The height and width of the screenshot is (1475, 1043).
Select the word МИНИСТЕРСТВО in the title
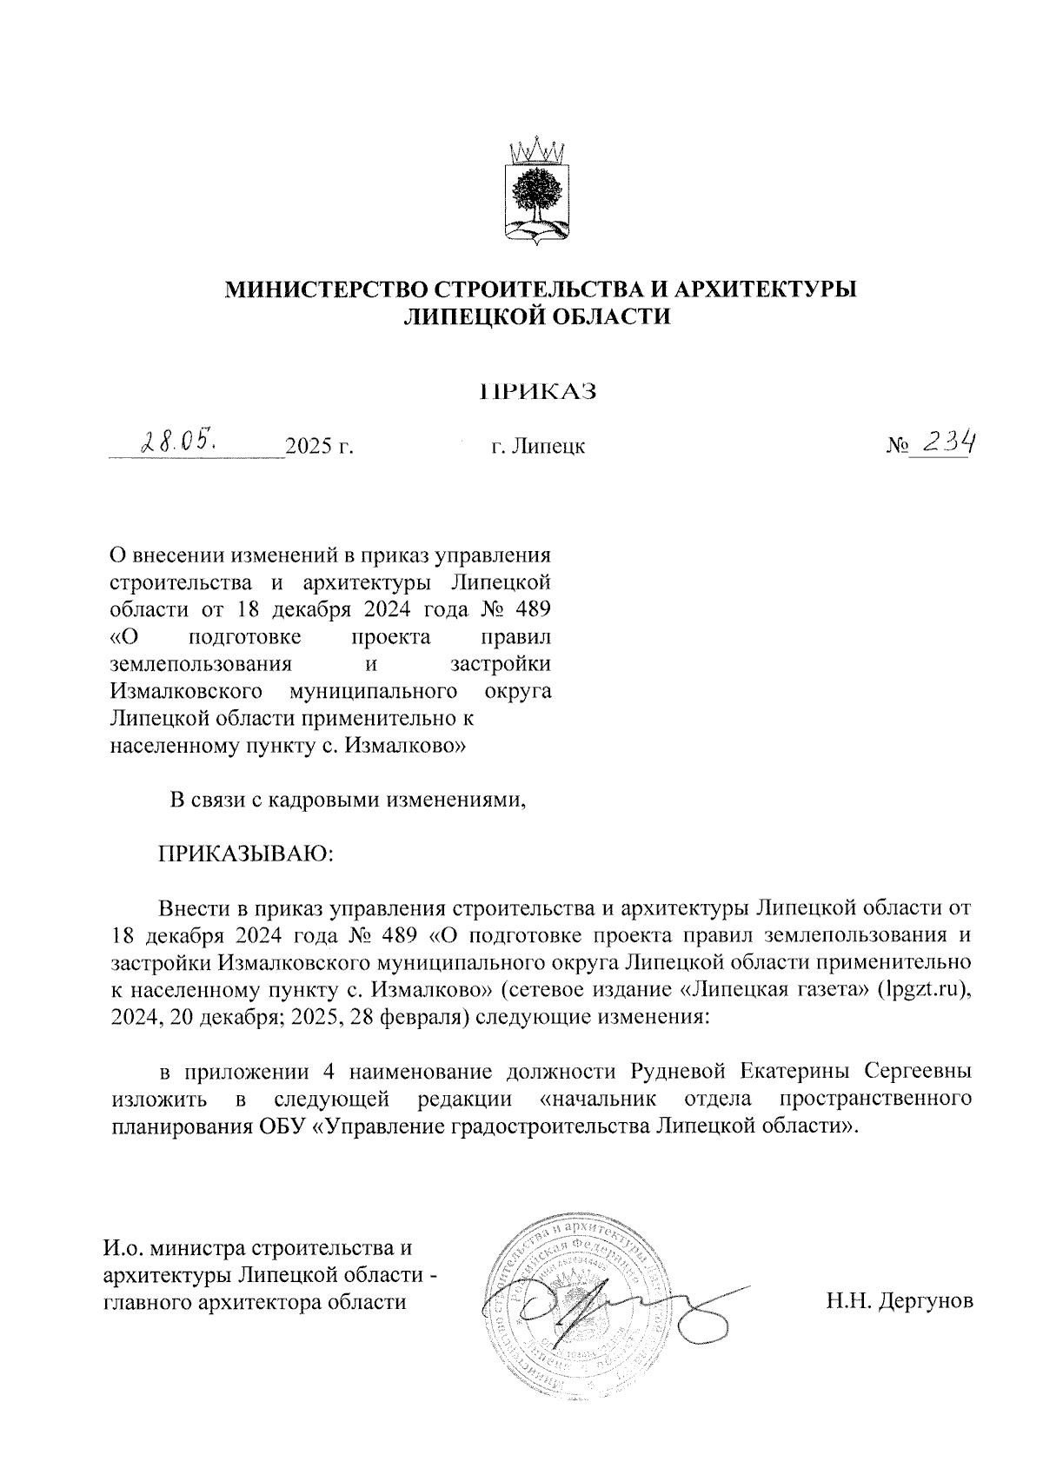tap(327, 290)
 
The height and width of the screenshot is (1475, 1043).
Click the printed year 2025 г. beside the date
tap(320, 448)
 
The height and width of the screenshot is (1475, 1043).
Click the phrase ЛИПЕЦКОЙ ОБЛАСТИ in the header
tap(540, 319)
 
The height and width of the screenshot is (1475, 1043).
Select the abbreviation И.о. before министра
tap(122, 1249)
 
